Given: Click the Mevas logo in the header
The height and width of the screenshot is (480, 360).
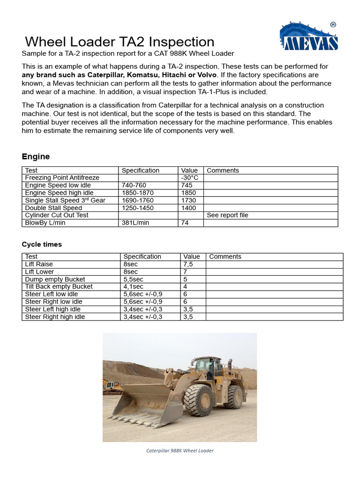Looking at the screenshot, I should [x=309, y=36].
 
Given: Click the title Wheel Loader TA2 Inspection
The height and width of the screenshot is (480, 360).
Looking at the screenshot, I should [x=120, y=42].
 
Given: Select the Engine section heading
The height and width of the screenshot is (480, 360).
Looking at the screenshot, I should [x=36, y=157].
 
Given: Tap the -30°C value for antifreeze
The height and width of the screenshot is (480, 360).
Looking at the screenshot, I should [x=190, y=178].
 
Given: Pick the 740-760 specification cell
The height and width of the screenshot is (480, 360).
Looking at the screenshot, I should [x=134, y=186].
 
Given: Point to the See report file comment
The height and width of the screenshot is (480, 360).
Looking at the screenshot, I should [x=227, y=216].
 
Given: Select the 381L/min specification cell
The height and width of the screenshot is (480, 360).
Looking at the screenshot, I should [x=135, y=223].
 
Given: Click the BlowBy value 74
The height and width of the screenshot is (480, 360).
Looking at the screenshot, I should [x=185, y=223].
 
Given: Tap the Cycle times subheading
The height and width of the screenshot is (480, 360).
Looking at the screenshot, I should [x=42, y=245].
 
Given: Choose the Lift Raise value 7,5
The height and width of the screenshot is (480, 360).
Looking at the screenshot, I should [x=188, y=264].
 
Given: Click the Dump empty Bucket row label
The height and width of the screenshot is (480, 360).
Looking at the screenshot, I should [x=55, y=279].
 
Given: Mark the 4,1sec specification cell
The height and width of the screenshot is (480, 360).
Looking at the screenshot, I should [x=134, y=287].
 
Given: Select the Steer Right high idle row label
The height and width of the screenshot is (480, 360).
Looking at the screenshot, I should [x=55, y=317].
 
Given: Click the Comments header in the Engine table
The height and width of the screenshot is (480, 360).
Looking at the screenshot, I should [x=223, y=171].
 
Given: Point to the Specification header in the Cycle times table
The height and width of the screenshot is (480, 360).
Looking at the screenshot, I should [x=142, y=257].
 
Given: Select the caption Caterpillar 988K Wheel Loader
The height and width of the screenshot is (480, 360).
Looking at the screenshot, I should [x=180, y=451].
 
